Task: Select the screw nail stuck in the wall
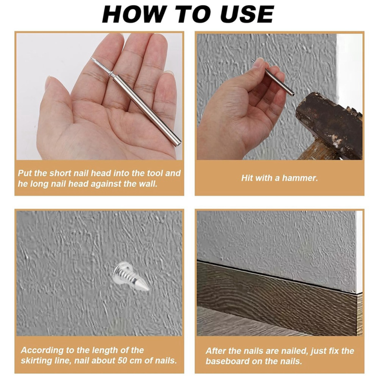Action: pyautogui.click(x=131, y=276)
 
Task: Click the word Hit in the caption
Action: pyautogui.click(x=247, y=178)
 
